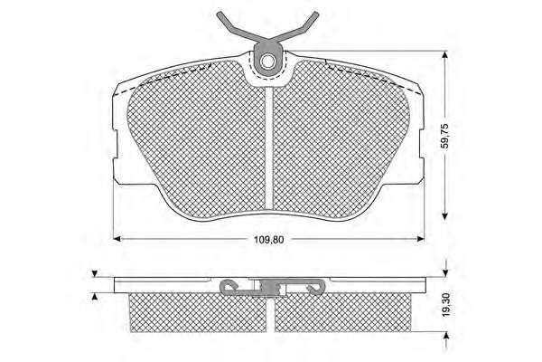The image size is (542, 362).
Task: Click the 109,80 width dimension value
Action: pos(269,239)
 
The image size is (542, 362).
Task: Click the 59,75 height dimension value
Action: pos(445,136)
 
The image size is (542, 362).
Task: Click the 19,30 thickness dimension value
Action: pos(446,306)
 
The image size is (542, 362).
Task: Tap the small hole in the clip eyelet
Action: pos(267,62)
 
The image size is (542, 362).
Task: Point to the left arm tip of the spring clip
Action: pos(220,14)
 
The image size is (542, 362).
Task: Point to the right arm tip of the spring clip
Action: pos(315,14)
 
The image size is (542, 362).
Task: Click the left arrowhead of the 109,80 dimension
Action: pos(117,239)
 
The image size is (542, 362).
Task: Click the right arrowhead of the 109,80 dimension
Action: pos(421,239)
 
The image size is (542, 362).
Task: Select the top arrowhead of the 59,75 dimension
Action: pos(445,55)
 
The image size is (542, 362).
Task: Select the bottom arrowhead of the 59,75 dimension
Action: pos(445,215)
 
